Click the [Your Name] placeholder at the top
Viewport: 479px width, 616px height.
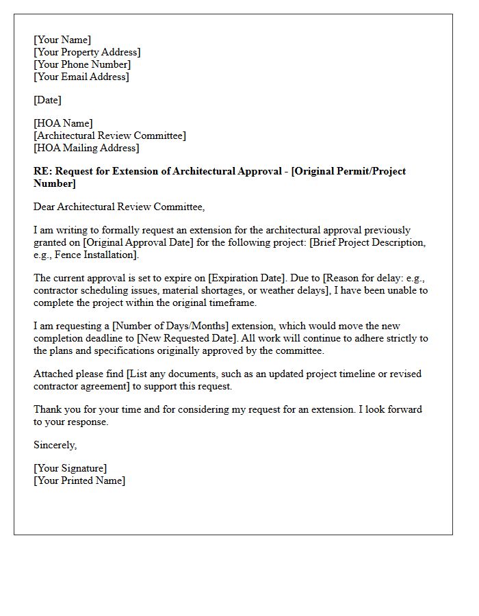click(62, 40)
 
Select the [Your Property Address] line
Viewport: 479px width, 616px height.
click(87, 52)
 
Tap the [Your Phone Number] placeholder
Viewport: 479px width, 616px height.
click(82, 64)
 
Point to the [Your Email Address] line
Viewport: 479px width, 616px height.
click(81, 77)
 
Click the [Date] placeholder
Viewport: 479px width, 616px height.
click(47, 100)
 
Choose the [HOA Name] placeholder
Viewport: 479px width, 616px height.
click(63, 123)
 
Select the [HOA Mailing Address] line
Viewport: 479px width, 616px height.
click(86, 148)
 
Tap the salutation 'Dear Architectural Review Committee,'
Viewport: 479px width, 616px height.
click(119, 207)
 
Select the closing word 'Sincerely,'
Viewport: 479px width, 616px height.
click(55, 445)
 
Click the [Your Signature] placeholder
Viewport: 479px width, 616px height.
click(70, 468)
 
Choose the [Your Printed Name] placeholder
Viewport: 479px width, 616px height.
click(79, 480)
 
